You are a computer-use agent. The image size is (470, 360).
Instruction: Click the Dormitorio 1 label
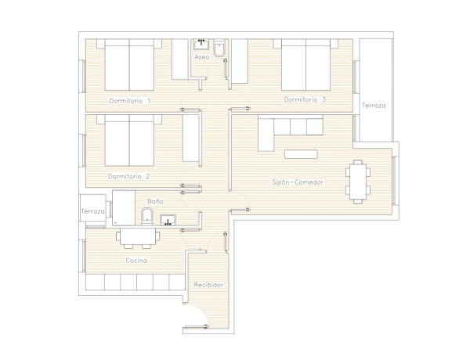tap(129, 101)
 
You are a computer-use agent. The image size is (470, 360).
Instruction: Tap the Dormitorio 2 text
tap(129, 176)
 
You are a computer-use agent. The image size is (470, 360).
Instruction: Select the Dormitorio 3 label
tap(305, 99)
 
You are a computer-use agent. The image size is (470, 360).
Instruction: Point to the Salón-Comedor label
tap(298, 182)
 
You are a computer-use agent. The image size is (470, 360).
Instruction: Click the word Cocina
tap(136, 261)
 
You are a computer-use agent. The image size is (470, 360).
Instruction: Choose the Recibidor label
tap(208, 285)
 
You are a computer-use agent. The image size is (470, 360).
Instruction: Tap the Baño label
tap(156, 201)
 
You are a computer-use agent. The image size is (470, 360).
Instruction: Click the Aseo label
tap(202, 57)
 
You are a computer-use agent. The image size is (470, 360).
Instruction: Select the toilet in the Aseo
tap(219, 48)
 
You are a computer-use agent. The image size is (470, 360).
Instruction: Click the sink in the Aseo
tap(201, 45)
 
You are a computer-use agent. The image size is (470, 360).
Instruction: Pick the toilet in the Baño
tap(147, 216)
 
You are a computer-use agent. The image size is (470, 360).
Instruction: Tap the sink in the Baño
tap(168, 220)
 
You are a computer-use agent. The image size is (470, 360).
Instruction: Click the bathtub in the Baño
tap(124, 208)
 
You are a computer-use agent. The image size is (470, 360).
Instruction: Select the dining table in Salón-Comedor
tap(358, 182)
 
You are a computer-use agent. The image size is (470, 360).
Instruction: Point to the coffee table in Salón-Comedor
tap(301, 154)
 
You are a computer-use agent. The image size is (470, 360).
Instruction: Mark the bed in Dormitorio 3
tap(305, 65)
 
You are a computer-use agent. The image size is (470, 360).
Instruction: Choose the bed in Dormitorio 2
tap(129, 140)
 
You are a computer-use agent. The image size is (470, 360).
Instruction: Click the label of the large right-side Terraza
tap(374, 106)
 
